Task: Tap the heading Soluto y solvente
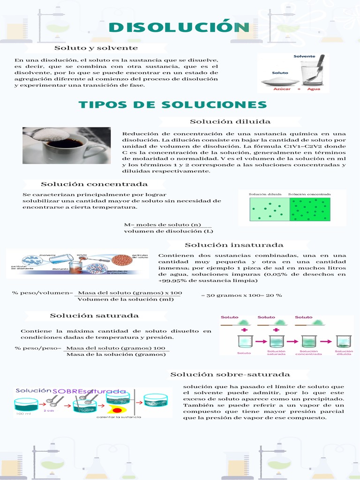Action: [96, 48]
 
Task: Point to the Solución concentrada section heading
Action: [94, 184]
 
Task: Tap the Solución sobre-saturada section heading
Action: [230, 374]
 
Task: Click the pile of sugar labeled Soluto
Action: [280, 82]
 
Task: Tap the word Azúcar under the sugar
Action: [280, 89]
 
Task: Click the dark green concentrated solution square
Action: [310, 209]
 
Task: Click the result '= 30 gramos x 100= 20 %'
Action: [241, 295]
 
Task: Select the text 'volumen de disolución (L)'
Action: [168, 231]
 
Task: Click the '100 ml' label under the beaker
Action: [24, 414]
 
